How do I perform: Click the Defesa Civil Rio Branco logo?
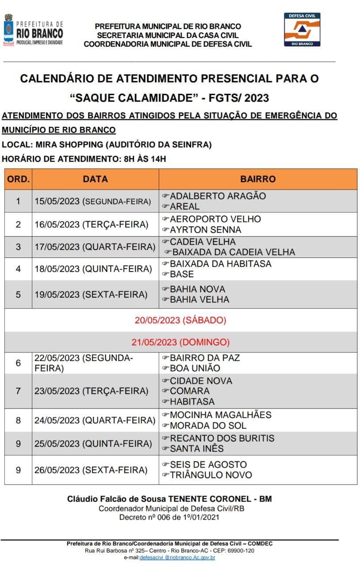[x=302, y=29]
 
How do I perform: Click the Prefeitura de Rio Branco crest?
[x=8, y=29]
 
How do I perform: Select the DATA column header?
[x=95, y=179]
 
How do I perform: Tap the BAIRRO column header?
[x=258, y=179]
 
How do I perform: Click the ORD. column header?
[x=18, y=179]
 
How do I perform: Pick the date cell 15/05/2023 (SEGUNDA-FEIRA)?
[x=93, y=201]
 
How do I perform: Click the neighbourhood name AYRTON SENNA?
[x=206, y=230]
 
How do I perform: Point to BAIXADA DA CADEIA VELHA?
[x=233, y=252]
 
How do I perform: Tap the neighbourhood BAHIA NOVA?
[x=197, y=289]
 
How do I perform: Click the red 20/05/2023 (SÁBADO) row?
[x=180, y=320]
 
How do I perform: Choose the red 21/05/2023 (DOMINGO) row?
[x=180, y=342]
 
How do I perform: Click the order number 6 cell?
[x=18, y=363]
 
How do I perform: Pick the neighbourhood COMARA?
[x=190, y=391]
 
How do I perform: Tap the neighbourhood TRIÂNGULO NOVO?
[x=211, y=475]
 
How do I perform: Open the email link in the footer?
[x=177, y=558]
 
